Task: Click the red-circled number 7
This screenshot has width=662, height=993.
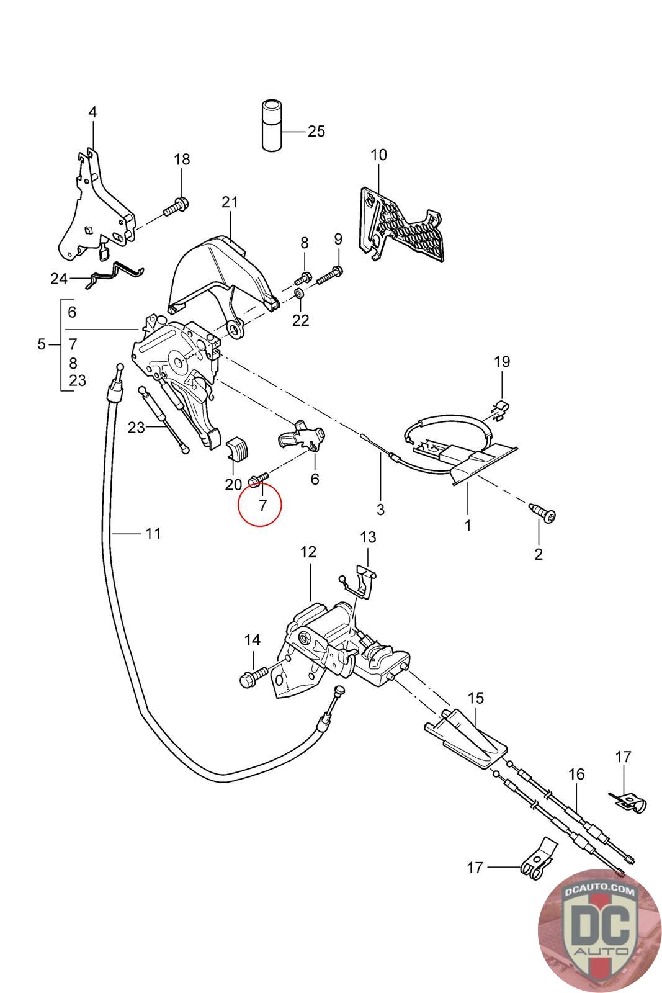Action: pos(263,505)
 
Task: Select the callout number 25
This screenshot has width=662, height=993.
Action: pos(316,131)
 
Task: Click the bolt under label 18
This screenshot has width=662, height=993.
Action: pos(176,207)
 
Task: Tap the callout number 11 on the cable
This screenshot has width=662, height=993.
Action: pos(153,533)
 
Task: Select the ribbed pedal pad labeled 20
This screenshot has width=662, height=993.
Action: pos(238,449)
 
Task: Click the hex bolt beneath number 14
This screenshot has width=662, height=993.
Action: pos(253,678)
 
